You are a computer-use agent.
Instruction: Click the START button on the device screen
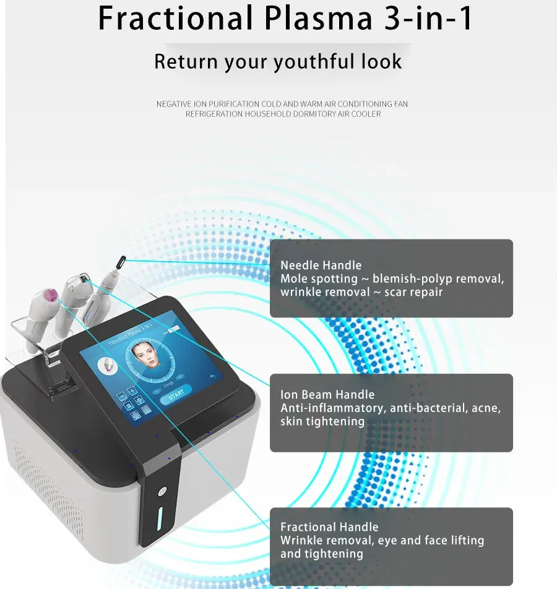(x=176, y=393)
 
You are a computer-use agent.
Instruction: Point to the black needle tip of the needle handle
(x=123, y=260)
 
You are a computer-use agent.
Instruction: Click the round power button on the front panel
(x=162, y=491)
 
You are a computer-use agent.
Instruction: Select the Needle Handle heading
(x=321, y=265)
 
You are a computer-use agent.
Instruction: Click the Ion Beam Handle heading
(x=327, y=394)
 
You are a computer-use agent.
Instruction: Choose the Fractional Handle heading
(x=329, y=527)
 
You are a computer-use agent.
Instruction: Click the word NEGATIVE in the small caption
(x=173, y=104)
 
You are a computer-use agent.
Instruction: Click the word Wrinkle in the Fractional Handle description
(x=301, y=540)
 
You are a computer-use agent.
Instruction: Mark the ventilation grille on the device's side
(x=43, y=495)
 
